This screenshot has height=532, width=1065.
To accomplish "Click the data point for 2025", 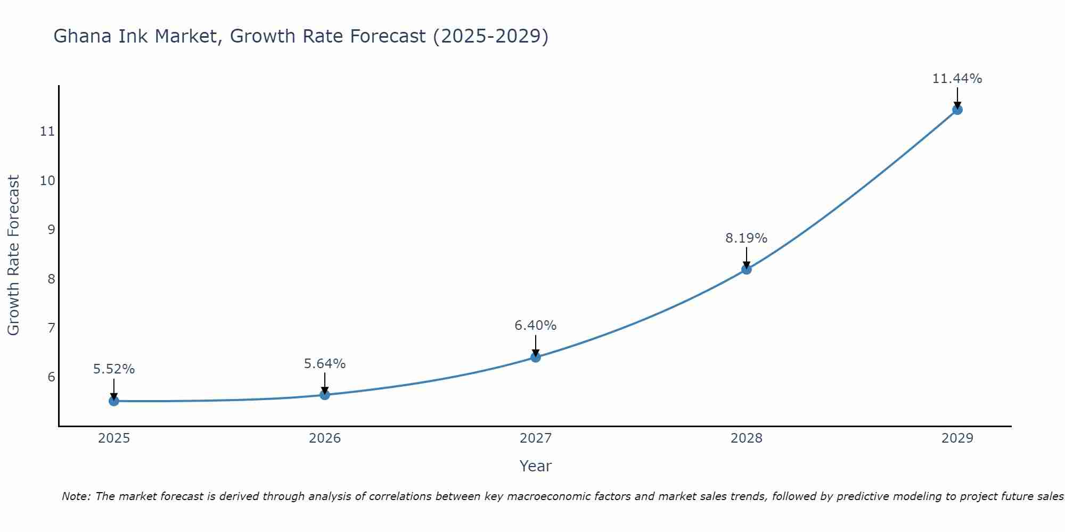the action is click(x=114, y=401).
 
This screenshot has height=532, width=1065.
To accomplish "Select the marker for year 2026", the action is click(x=325, y=395).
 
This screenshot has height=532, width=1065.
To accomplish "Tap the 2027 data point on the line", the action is click(x=536, y=357).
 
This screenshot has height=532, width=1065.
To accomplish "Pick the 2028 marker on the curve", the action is click(x=747, y=269).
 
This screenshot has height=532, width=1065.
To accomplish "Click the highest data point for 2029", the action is click(x=957, y=110).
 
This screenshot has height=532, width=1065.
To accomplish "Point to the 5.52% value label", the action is click(x=114, y=369).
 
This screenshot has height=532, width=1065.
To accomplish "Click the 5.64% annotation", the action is click(x=325, y=363).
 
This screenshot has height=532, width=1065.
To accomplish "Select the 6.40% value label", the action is click(x=536, y=325).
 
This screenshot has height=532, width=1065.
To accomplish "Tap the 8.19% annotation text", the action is click(x=747, y=238).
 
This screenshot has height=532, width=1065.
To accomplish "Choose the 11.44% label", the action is click(x=957, y=78).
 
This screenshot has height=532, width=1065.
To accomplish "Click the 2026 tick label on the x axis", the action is click(x=325, y=438).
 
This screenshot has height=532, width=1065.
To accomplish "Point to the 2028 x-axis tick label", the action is click(x=747, y=438).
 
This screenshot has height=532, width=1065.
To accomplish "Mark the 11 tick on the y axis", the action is click(x=47, y=131).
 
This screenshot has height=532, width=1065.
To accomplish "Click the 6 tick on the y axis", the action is click(x=51, y=377).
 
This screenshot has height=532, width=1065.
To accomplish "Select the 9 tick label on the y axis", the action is click(x=51, y=229).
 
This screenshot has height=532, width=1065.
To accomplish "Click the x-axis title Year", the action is click(x=536, y=466).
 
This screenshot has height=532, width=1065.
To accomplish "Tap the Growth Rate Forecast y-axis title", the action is click(x=14, y=255).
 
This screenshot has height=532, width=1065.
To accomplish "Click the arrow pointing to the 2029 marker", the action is click(x=957, y=98).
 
